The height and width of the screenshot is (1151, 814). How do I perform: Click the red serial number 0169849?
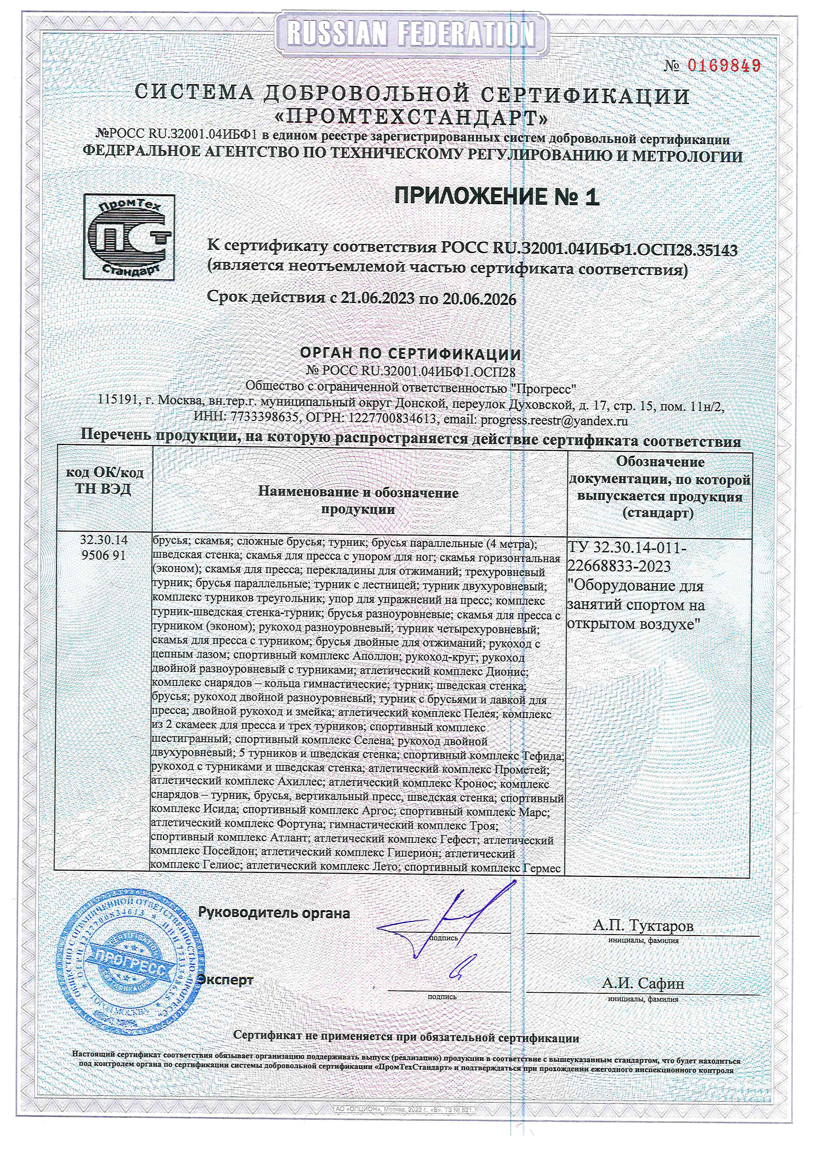(x=724, y=66)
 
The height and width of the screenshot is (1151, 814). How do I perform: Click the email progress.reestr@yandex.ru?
(x=554, y=420)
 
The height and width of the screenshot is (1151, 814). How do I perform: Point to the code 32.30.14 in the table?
(x=105, y=541)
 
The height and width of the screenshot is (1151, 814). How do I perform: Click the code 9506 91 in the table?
(x=105, y=555)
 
